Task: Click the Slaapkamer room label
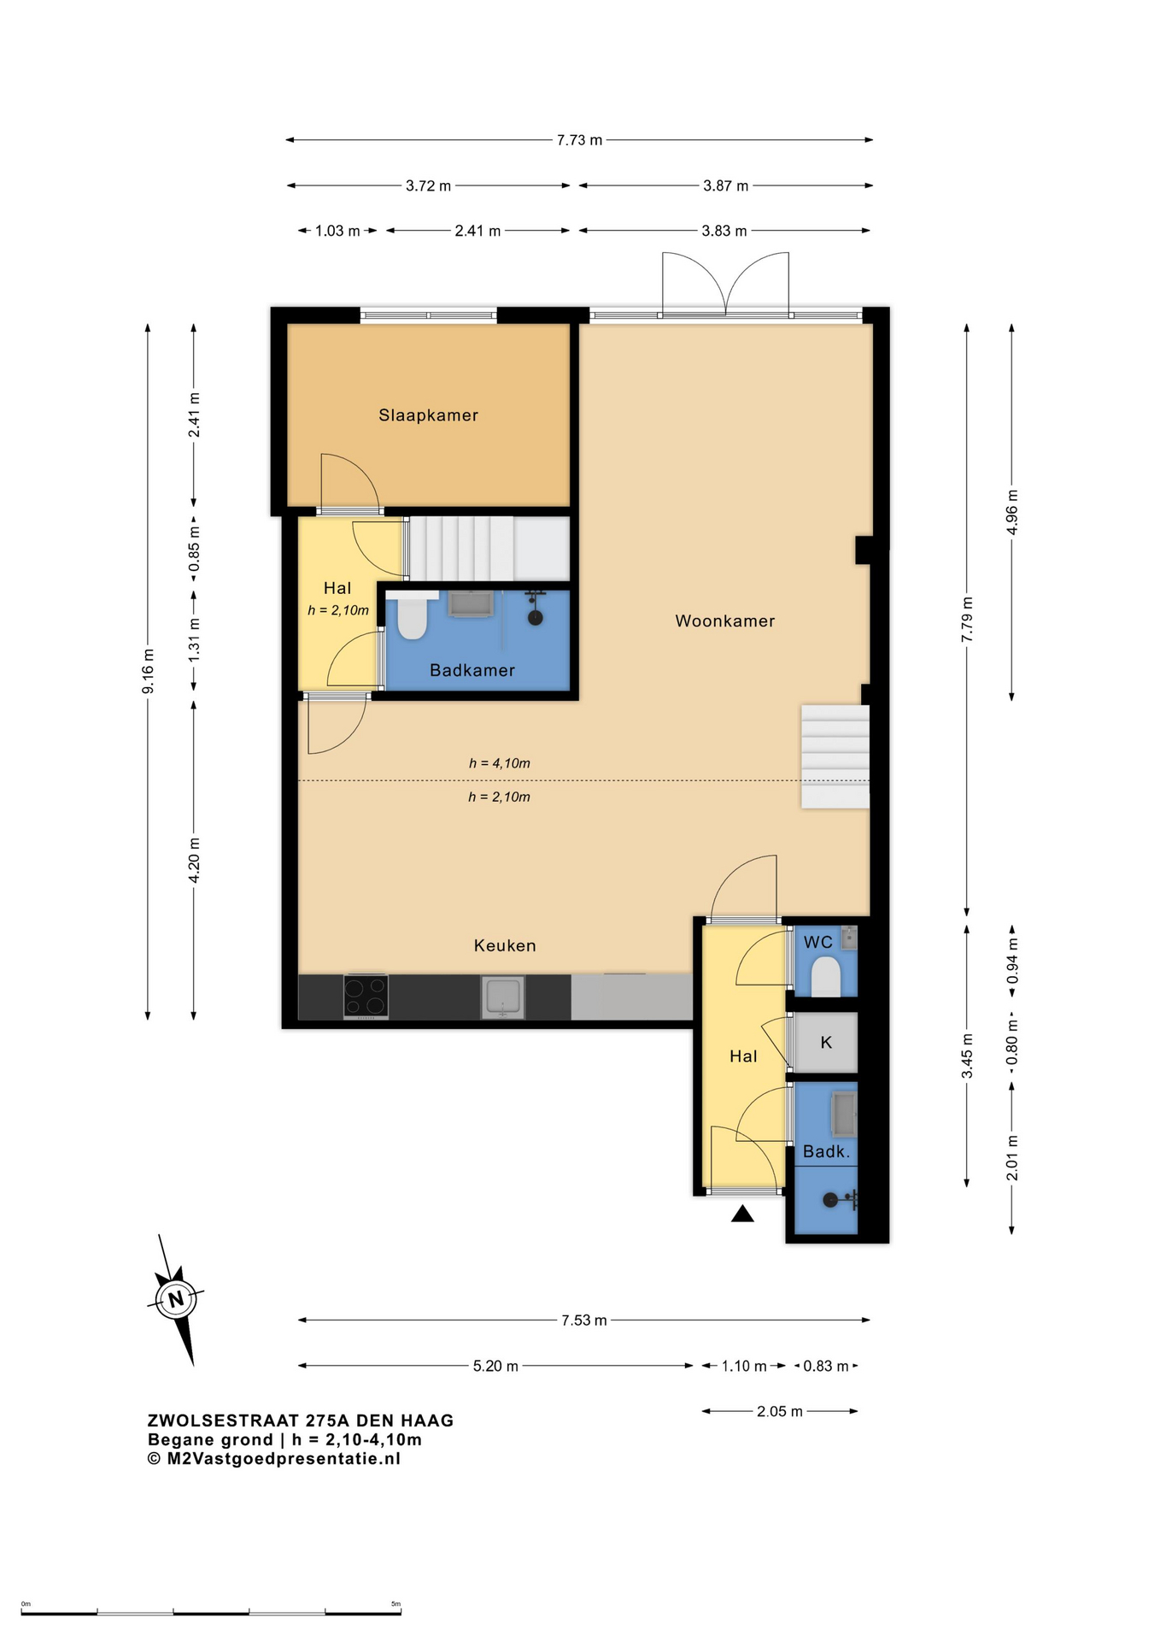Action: pos(428,415)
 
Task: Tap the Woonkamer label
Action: pos(725,621)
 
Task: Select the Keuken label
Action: pos(505,945)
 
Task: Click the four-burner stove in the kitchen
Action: pos(366,997)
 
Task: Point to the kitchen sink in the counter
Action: pos(503,997)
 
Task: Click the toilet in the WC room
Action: pos(825,976)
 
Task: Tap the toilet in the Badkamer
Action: pos(413,617)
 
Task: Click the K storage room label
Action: pos(826,1043)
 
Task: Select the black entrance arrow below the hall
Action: pos(742,1213)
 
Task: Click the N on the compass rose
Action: pos(176,1300)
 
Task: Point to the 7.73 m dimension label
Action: pos(579,140)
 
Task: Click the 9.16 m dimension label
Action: pos(148,672)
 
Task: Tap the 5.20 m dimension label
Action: pos(495,1366)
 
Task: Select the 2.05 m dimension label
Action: pos(780,1411)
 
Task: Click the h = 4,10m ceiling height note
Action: pos(499,763)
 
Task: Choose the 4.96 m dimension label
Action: pos(1012,512)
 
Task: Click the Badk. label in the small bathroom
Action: pos(826,1151)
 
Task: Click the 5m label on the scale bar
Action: pos(395,1604)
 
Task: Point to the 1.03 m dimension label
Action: pos(337,231)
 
